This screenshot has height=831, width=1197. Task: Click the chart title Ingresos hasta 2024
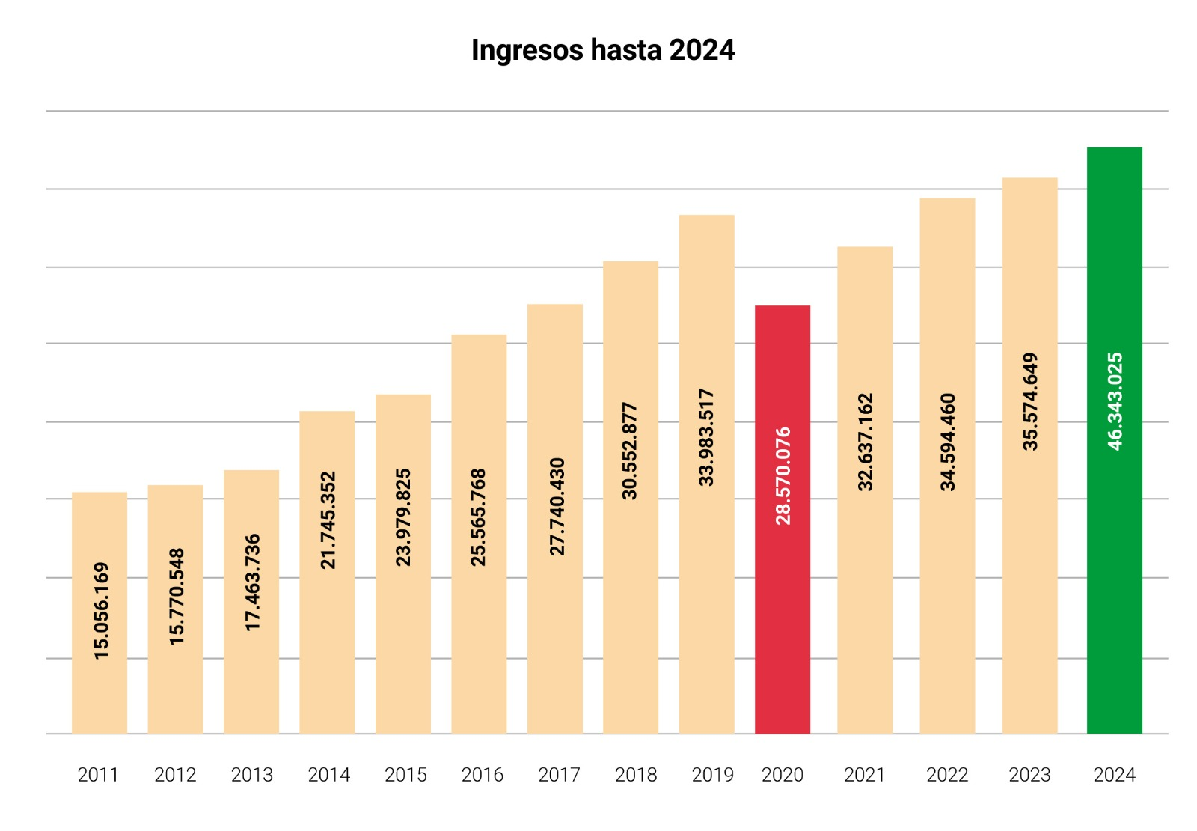click(x=602, y=50)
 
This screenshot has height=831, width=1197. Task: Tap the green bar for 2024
click(x=1114, y=599)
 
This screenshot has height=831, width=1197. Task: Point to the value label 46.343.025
click(x=1115, y=401)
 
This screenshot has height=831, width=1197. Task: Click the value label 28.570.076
click(x=783, y=475)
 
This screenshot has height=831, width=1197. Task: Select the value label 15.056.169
click(x=101, y=610)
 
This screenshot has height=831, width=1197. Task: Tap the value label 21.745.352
click(x=328, y=520)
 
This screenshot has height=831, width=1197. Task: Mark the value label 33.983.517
click(x=706, y=437)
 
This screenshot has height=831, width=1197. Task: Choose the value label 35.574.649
click(x=1030, y=401)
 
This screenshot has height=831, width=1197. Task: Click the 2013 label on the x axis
click(x=251, y=775)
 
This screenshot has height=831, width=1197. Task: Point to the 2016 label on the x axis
click(x=482, y=775)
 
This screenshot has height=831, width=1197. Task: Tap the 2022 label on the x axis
click(x=947, y=775)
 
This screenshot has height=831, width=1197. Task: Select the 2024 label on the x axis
click(x=1114, y=775)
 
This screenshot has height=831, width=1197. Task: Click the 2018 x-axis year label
click(x=636, y=775)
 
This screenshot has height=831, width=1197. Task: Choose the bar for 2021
click(x=865, y=599)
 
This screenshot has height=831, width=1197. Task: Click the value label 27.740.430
click(x=557, y=507)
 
